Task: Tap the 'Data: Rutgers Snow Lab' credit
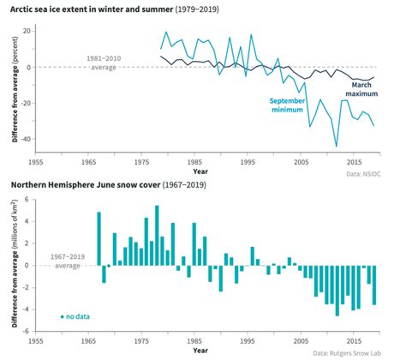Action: click(x=354, y=352)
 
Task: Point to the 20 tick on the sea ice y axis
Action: click(x=27, y=31)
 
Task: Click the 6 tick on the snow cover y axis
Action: click(x=27, y=200)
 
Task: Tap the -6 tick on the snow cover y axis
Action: click(x=25, y=332)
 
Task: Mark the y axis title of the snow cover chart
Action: click(x=10, y=265)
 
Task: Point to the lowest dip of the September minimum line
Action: click(x=337, y=146)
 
